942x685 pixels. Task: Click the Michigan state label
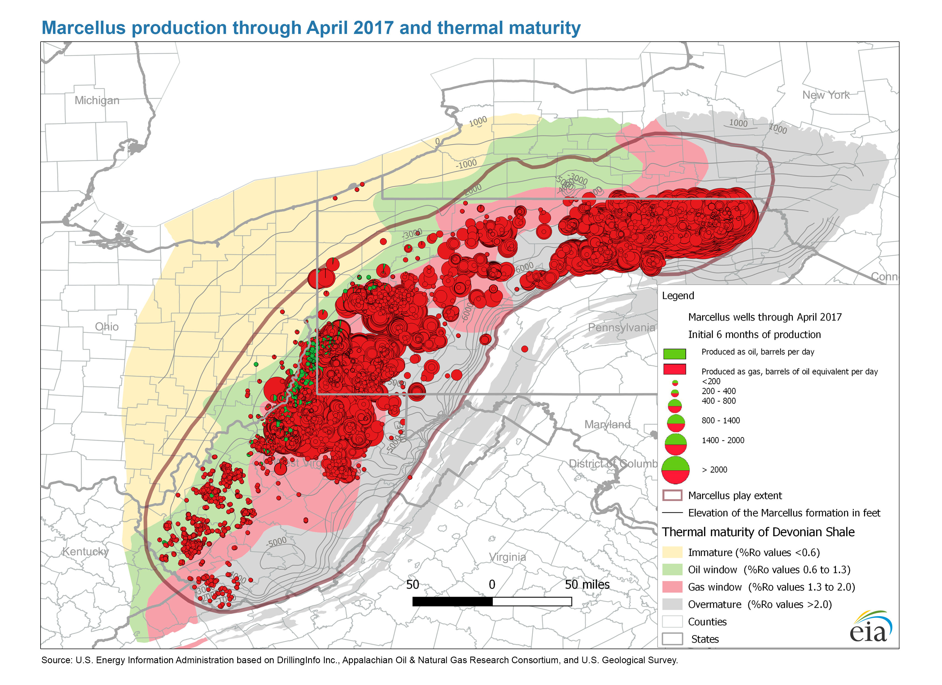point(97,100)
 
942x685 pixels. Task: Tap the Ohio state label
point(107,327)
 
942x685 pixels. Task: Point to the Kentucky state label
point(86,552)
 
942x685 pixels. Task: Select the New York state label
point(826,95)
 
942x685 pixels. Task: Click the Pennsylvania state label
point(621,327)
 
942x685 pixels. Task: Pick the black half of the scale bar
point(452,601)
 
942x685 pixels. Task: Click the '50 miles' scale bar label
point(587,585)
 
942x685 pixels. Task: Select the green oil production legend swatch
point(674,353)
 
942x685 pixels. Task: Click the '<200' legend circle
point(675,383)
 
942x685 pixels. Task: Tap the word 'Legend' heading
point(678,296)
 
